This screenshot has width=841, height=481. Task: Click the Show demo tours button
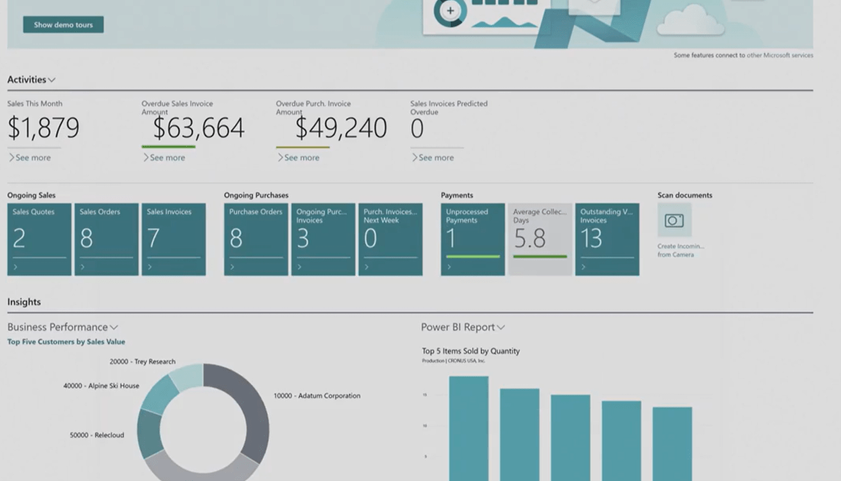coord(64,25)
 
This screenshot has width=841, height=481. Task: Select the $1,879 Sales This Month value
coord(43,128)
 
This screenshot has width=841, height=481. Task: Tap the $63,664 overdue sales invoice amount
coord(198,128)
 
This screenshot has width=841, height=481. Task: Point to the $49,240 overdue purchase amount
coord(341,128)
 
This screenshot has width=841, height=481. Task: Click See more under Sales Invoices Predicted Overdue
coord(435,158)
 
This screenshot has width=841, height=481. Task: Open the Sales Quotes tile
coord(40,239)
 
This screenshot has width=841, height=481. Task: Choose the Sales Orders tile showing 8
coord(106,239)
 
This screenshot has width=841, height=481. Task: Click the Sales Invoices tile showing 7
coord(173,239)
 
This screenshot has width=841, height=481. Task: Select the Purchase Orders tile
coord(256,239)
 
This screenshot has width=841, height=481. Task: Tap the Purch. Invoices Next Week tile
coord(390,239)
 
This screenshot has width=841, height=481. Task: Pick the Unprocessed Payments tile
coord(472,239)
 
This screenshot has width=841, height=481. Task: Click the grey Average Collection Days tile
coord(540,239)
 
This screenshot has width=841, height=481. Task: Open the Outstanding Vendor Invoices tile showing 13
coord(607,239)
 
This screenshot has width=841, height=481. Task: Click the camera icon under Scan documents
coord(674,221)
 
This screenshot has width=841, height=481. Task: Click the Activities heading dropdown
coord(31,80)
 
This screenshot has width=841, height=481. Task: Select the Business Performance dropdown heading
coord(63,327)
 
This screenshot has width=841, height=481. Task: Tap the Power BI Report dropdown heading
coord(463,327)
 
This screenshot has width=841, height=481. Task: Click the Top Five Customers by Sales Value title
coord(67,342)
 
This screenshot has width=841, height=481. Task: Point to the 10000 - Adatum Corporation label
coord(317,396)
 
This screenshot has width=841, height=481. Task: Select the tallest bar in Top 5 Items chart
coord(469,426)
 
